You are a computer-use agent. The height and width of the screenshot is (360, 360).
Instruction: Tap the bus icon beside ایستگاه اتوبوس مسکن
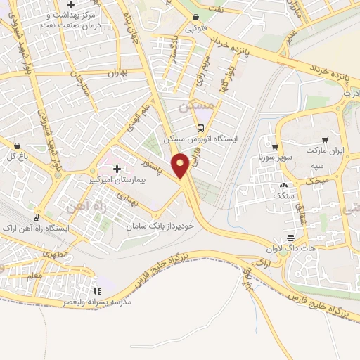click(201, 128)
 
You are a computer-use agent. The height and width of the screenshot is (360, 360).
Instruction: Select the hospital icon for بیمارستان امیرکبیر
click(117, 168)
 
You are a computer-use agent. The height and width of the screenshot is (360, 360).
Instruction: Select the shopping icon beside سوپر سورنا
click(272, 148)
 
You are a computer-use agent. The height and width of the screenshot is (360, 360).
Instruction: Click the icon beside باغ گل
click(16, 146)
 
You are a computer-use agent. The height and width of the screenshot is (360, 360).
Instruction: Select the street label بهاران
click(115, 73)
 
